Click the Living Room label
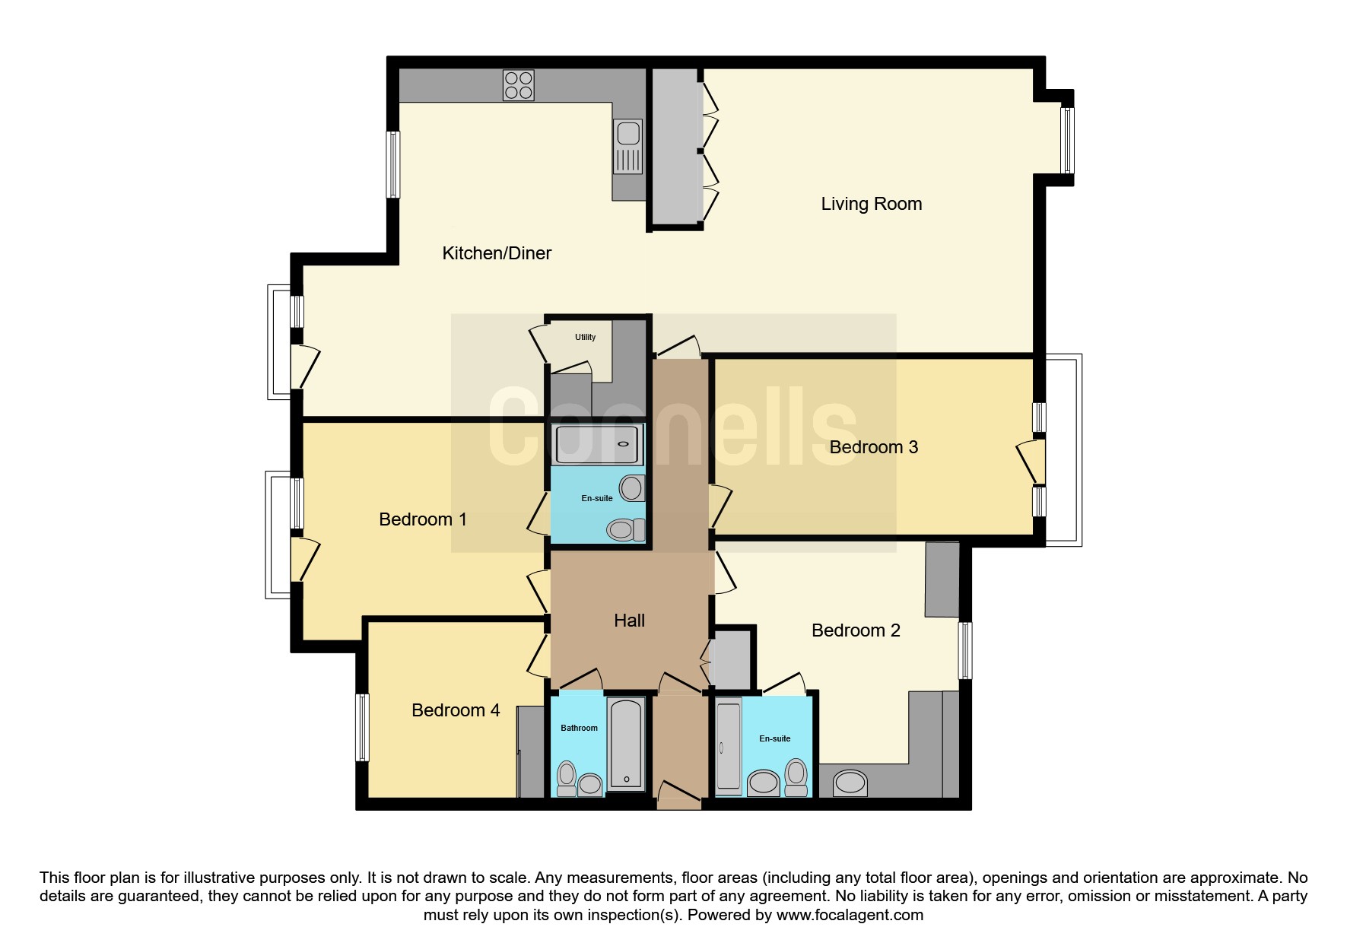[x=871, y=204]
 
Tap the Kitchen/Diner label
[x=497, y=253]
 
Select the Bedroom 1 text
[x=422, y=519]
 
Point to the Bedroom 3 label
[x=873, y=446]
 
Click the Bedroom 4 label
[x=456, y=710]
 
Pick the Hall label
[x=629, y=621]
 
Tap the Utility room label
[x=585, y=337]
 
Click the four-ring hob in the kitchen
[x=518, y=85]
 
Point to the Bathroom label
[x=579, y=728]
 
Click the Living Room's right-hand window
[x=1068, y=141]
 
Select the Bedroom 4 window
[x=363, y=727]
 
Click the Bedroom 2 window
[x=965, y=650]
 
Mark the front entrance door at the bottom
[x=678, y=795]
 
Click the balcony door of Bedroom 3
[x=1032, y=462]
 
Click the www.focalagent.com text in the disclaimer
[x=850, y=915]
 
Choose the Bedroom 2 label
[x=856, y=630]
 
